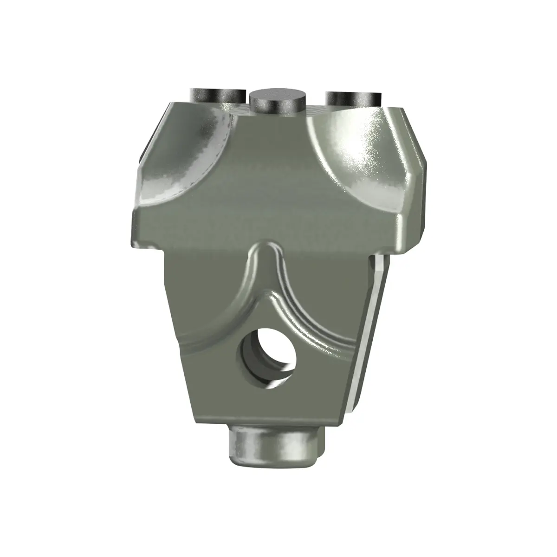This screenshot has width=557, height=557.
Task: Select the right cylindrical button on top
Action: point(354,98)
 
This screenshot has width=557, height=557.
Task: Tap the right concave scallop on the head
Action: point(357,153)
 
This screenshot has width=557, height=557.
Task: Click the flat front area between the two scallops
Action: point(269,186)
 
